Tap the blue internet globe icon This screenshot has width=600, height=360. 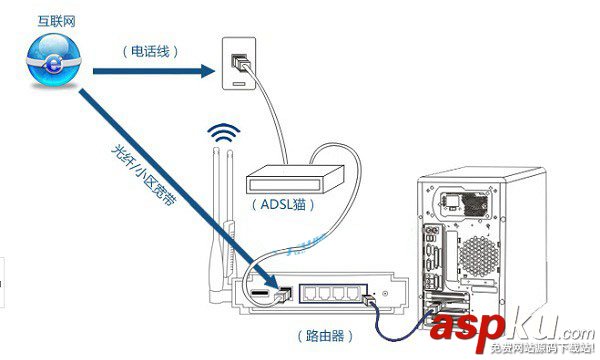48,62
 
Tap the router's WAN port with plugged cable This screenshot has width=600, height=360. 283,293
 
